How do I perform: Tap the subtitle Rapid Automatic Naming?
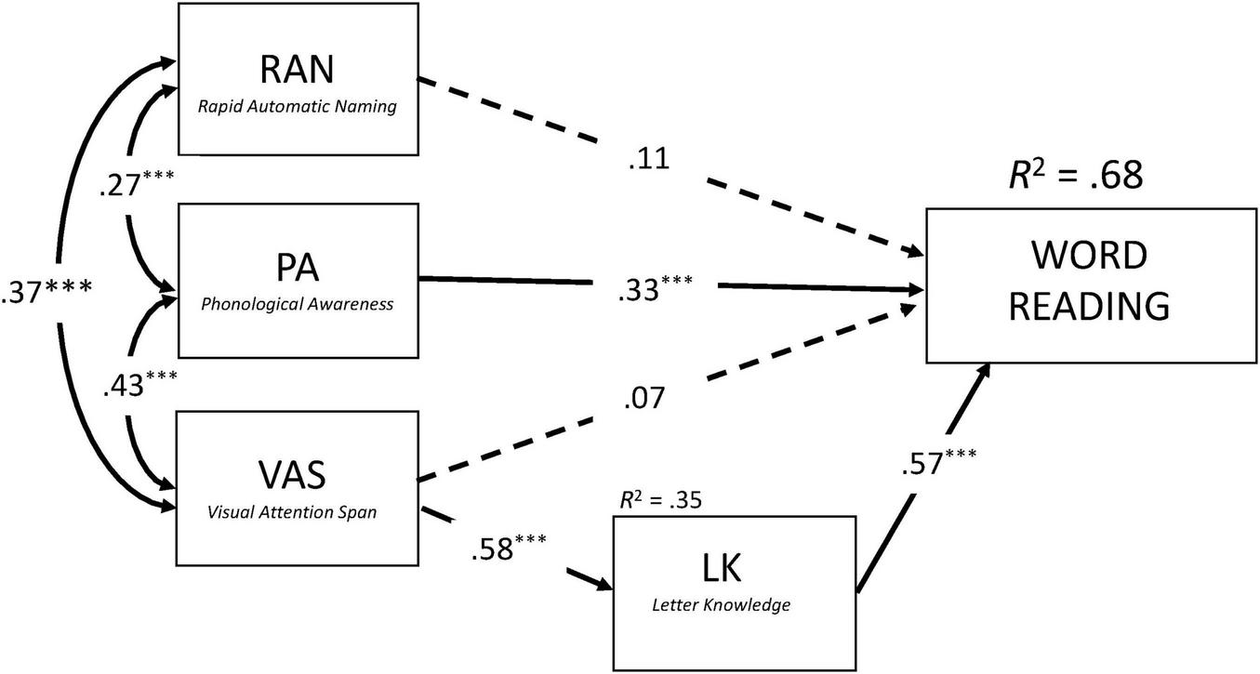297,107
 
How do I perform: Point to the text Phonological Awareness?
297,304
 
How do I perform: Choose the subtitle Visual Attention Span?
297,510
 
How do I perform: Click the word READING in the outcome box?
1089,306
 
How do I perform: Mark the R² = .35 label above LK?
660,500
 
